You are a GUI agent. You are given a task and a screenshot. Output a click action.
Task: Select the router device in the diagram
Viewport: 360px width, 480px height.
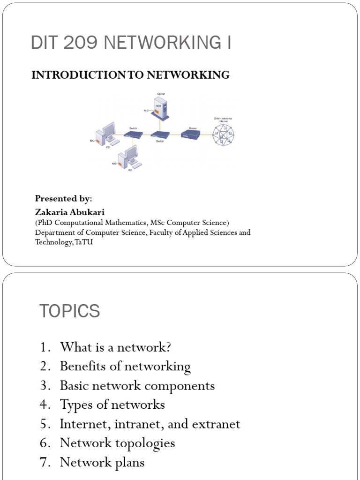191,135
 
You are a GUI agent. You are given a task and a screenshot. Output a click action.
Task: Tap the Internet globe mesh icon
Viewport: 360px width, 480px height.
224,136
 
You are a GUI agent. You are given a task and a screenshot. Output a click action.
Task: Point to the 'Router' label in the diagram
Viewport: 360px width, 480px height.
192,127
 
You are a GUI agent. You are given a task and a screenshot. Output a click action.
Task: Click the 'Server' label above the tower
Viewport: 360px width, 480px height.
161,94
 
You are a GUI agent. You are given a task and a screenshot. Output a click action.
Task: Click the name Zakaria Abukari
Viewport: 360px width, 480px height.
69,212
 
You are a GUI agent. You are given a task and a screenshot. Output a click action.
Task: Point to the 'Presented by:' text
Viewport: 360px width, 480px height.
63,199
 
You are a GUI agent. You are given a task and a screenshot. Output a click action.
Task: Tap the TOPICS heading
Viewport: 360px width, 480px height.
69,311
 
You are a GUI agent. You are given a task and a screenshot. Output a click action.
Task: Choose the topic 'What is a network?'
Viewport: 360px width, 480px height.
115,347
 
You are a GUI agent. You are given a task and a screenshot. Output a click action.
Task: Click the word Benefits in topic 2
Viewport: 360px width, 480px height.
80,366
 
